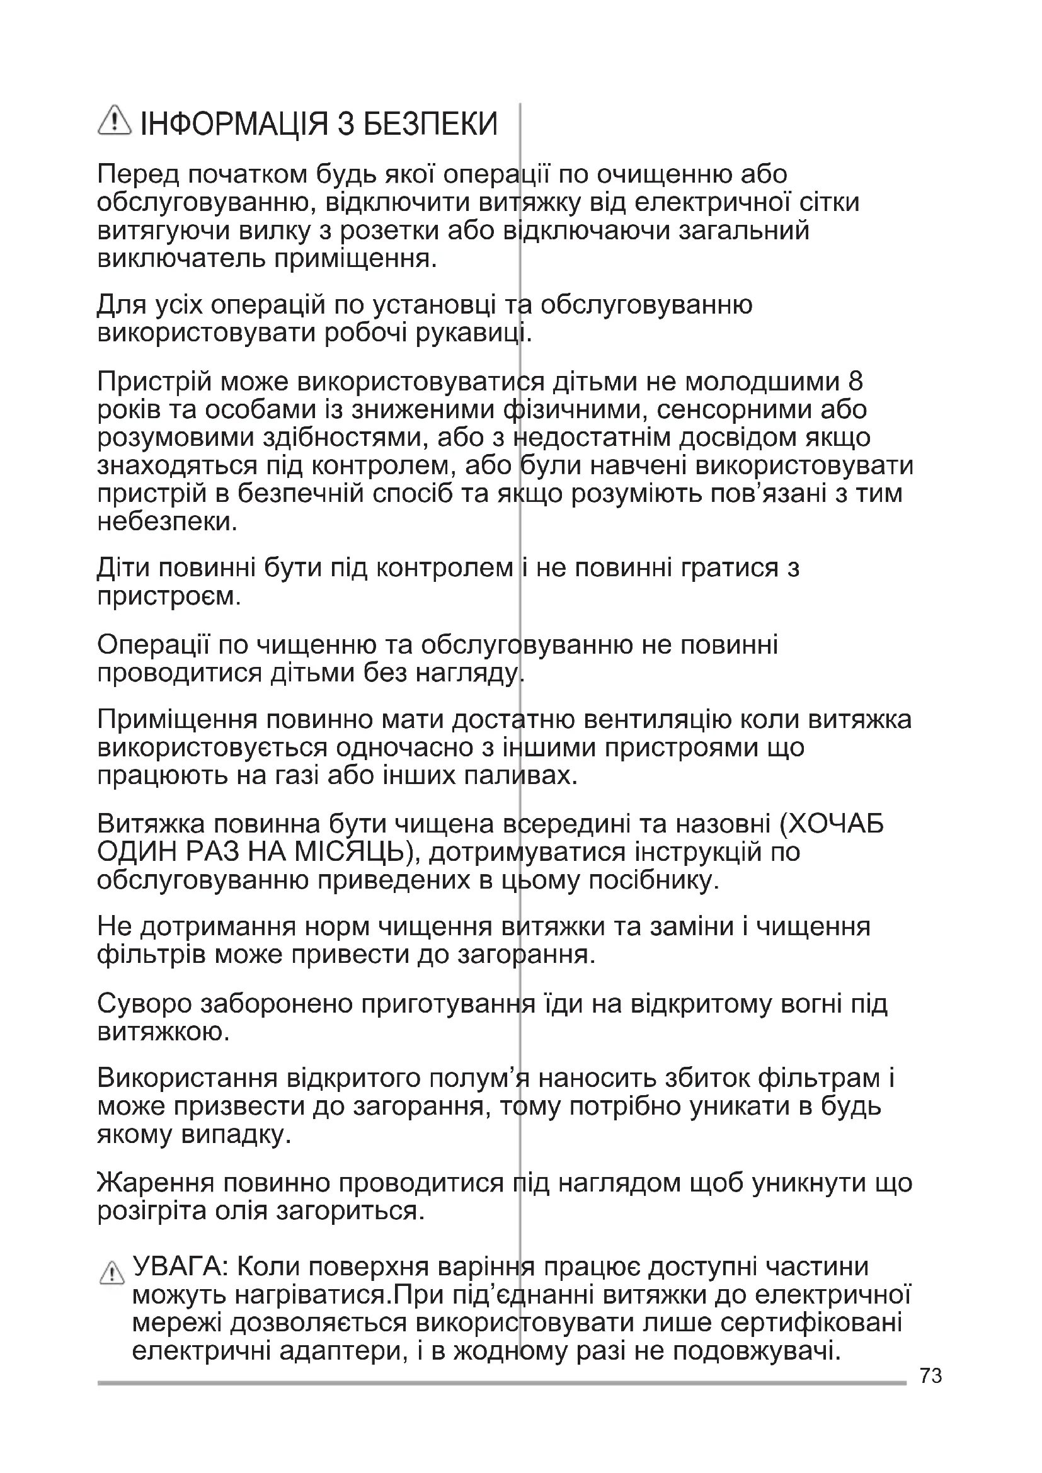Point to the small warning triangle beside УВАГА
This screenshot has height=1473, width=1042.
coord(112,1272)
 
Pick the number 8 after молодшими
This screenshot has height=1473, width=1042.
coord(856,382)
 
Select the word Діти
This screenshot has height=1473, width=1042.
coord(122,568)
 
